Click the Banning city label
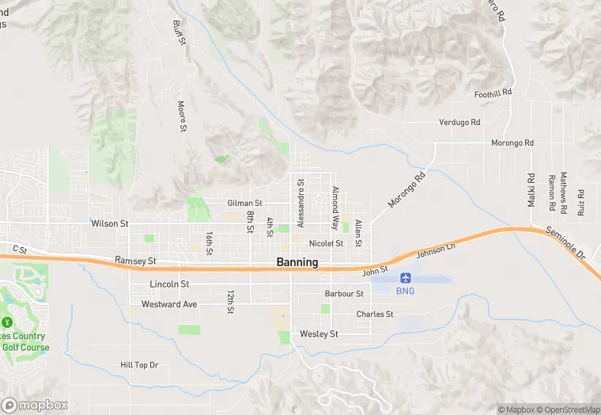point(297,262)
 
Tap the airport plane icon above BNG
point(406,278)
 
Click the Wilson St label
point(109,224)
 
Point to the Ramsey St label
point(135,260)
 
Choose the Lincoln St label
point(169,284)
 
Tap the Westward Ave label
point(169,304)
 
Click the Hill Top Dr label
point(139,365)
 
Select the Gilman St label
point(244,204)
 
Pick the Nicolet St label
point(326,243)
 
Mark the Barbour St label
point(343,294)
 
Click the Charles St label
point(374,314)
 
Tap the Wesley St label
point(319,334)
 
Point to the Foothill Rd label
point(493,93)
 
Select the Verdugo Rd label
point(459,122)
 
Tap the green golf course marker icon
point(7,322)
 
